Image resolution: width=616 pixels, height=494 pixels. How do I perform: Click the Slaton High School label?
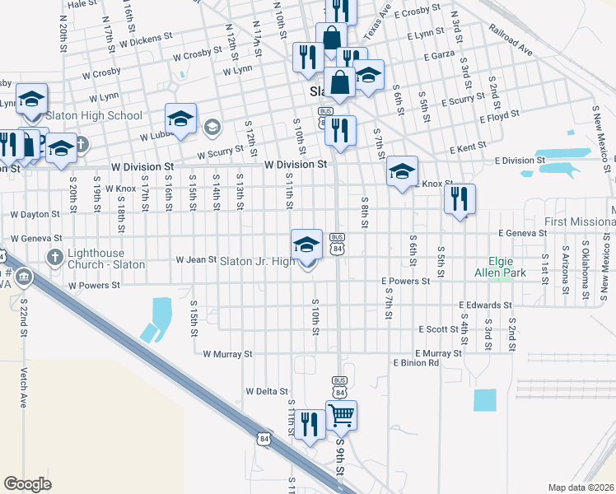[x=94, y=116]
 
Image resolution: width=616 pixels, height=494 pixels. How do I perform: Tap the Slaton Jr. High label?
[x=257, y=262]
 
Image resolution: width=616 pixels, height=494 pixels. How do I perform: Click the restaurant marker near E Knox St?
[x=460, y=198]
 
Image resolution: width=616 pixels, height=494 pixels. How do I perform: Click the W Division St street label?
[x=296, y=165]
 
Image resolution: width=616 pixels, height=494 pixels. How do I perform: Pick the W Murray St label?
[x=227, y=354]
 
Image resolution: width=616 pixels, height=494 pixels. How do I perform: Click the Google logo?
[x=27, y=483]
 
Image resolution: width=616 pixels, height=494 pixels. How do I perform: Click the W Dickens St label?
[x=146, y=39]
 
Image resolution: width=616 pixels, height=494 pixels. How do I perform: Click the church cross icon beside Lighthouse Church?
[x=55, y=258]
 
